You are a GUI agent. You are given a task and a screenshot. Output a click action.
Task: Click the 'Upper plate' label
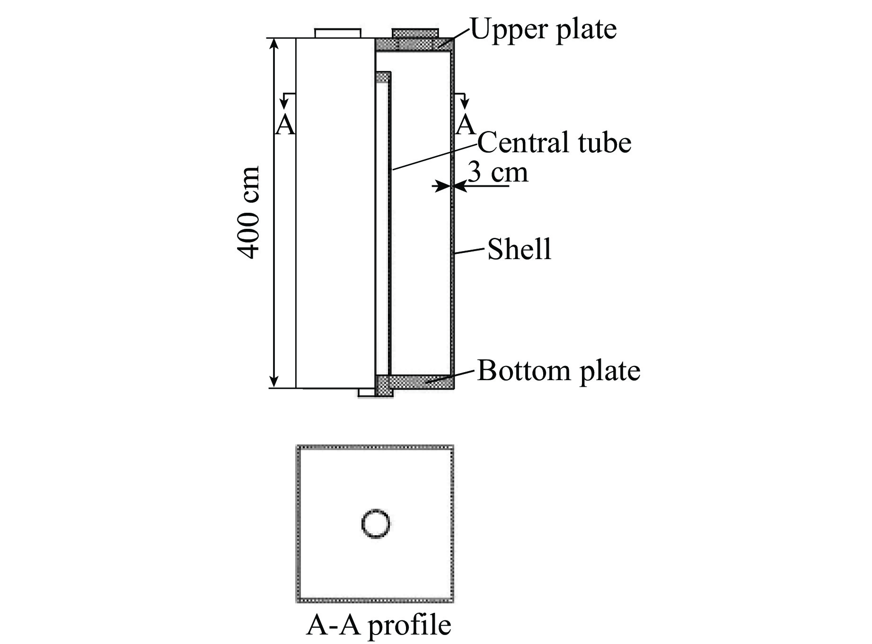tap(544, 29)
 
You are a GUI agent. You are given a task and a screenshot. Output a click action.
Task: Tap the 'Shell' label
tap(520, 249)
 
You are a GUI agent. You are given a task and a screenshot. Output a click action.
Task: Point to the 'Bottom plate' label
tap(559, 371)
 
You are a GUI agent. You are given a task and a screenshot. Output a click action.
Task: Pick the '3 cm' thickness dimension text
tap(498, 172)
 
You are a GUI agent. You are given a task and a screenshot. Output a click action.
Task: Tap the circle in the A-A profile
tap(376, 524)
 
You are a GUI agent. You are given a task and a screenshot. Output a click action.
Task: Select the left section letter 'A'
tap(285, 125)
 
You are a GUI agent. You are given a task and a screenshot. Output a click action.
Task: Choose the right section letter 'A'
tap(466, 125)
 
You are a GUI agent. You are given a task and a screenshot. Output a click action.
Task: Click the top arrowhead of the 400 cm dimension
tap(273, 44)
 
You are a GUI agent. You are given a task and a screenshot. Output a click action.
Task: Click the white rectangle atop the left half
tap(338, 33)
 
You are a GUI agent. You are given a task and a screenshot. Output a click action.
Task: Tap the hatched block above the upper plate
tap(415, 33)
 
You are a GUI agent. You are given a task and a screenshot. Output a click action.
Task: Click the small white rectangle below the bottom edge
tap(366, 392)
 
